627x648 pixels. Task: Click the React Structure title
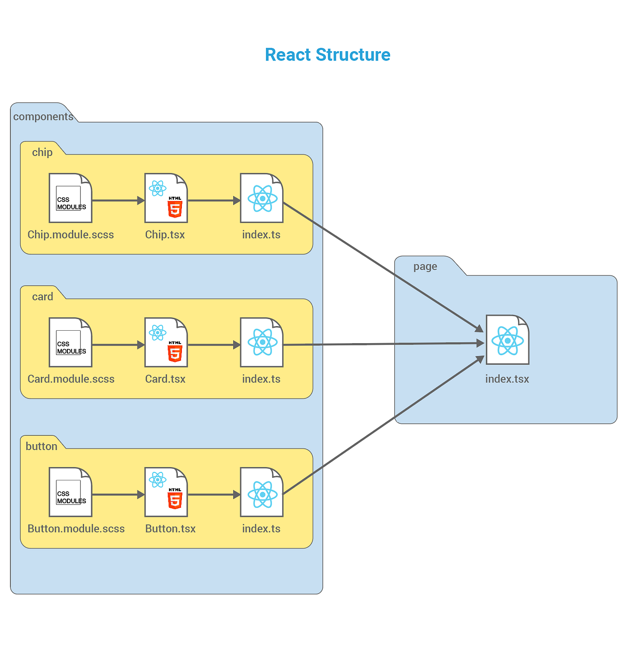pos(327,55)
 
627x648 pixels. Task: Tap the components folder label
pos(43,117)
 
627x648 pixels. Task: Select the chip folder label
pos(42,152)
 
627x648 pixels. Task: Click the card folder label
pos(42,297)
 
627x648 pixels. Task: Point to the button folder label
pos(42,446)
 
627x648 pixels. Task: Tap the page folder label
pos(425,267)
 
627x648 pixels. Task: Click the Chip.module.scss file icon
pos(71,198)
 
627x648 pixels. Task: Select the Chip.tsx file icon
pos(166,198)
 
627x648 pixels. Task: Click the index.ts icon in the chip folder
pos(261,198)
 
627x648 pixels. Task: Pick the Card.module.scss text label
pos(71,379)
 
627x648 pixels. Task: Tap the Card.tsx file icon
pos(166,342)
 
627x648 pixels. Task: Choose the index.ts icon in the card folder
pos(261,342)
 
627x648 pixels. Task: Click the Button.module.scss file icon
pos(71,492)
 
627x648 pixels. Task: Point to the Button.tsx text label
pos(170,529)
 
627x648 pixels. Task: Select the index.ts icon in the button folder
pos(261,492)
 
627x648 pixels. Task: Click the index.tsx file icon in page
pos(507,340)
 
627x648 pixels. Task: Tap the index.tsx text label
pos(507,379)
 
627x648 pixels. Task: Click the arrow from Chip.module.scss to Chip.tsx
pos(118,201)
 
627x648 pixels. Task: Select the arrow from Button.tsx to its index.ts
pos(214,495)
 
